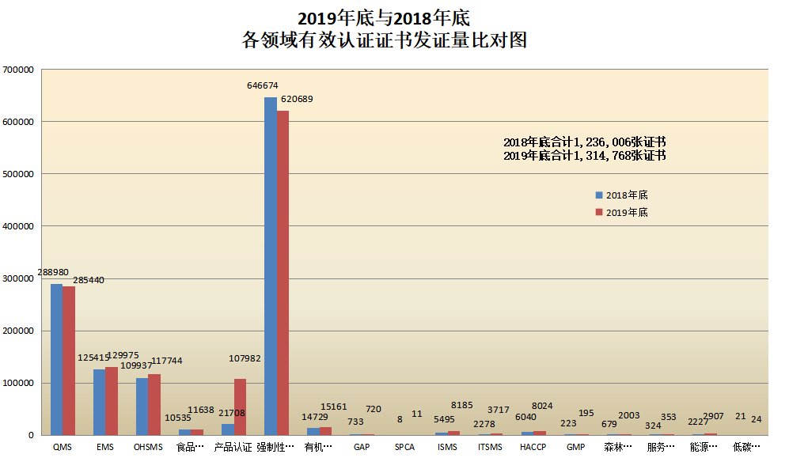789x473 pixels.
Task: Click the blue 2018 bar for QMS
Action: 56,359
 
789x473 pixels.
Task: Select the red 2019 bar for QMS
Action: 69,361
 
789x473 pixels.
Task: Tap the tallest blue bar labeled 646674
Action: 270,266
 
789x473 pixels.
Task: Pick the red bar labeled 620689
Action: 283,273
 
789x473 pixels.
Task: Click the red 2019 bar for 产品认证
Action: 240,407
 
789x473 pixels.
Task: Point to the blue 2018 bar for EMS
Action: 99,402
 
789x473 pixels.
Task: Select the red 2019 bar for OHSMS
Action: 154,404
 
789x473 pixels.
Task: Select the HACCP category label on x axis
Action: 533,447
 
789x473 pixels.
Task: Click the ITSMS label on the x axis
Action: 490,447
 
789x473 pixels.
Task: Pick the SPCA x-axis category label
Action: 404,447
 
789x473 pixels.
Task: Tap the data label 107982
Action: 245,358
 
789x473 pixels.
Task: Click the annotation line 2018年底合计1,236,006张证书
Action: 584,142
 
